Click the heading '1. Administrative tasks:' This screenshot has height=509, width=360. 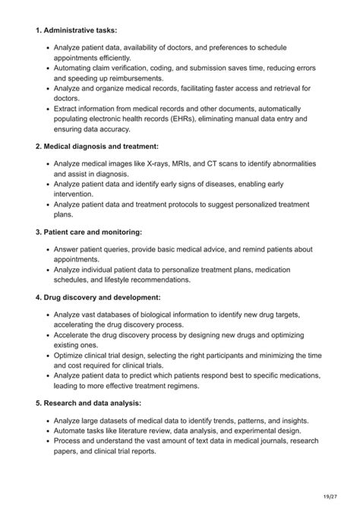(x=76, y=31)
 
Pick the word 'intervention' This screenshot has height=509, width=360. (x=77, y=194)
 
